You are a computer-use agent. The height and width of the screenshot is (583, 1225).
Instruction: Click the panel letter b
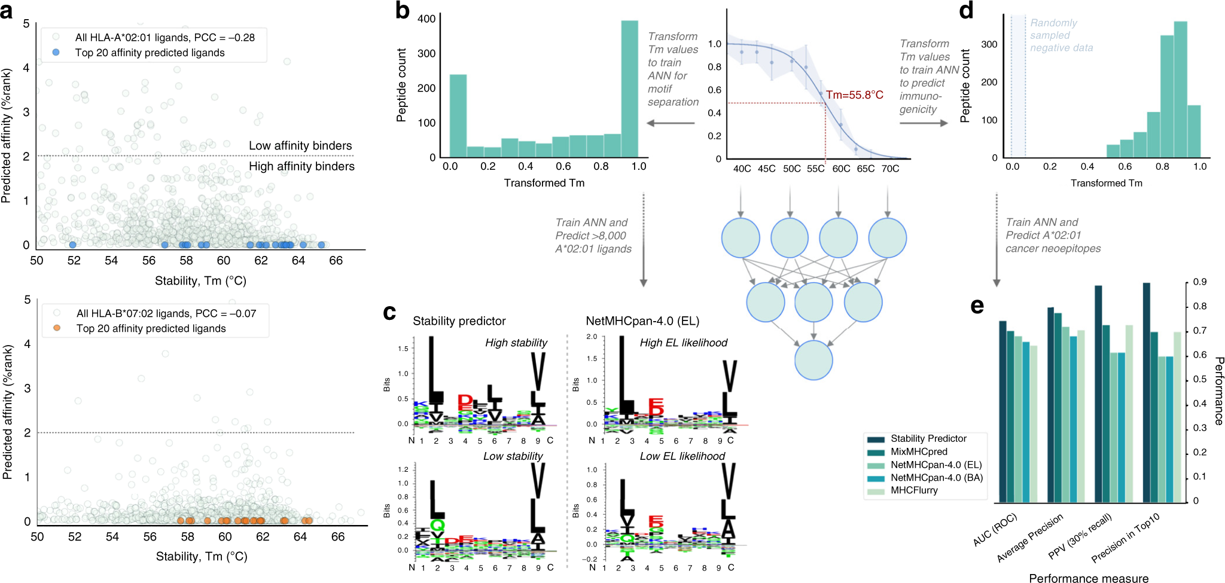tap(403, 11)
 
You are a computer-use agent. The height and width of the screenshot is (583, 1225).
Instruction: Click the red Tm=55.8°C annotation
tap(854, 95)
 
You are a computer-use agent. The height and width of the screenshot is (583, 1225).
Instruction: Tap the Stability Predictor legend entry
tap(928, 439)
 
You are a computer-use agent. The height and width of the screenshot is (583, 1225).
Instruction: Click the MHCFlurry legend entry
tap(913, 490)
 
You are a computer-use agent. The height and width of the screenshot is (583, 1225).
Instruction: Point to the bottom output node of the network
tap(813, 360)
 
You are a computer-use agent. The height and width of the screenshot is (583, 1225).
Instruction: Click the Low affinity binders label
tap(300, 146)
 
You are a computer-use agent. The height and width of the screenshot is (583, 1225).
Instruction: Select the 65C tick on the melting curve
tap(866, 169)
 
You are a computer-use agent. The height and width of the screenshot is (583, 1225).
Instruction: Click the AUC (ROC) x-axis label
tap(995, 530)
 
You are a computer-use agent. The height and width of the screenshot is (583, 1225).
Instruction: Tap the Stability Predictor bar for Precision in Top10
tap(1146, 392)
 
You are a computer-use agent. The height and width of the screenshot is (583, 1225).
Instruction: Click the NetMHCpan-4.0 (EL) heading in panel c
tap(642, 321)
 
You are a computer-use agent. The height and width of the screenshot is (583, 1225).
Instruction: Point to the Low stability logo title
tap(513, 456)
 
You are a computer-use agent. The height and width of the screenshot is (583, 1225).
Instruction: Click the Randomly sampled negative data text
tap(1060, 35)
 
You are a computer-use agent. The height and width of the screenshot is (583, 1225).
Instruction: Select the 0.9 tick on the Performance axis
tap(1199, 282)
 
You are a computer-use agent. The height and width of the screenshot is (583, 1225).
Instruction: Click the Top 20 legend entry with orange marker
tap(151, 328)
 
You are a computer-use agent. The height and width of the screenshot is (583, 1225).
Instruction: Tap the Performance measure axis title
tap(1088, 578)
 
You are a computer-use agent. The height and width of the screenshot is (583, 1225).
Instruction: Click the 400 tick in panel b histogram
tap(426, 19)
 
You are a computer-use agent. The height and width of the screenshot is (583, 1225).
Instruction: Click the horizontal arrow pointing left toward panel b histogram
tap(671, 123)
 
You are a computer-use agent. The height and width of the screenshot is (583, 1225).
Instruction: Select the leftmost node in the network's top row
tap(741, 238)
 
